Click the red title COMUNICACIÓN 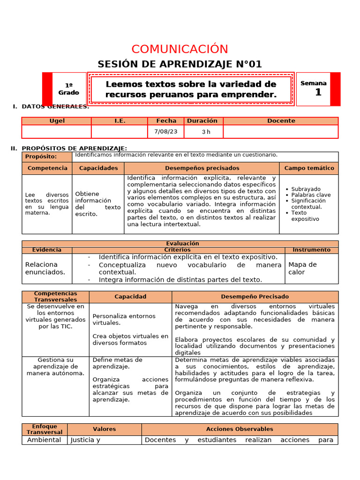[180, 49]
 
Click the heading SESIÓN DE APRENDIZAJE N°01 [180, 64]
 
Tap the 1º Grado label [69, 89]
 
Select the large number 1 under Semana [318, 93]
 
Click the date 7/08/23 [166, 132]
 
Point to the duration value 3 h [206, 132]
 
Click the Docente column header [281, 121]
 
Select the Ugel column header [57, 121]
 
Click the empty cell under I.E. [120, 132]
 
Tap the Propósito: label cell [47, 157]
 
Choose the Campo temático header [309, 168]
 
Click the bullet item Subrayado [306, 189]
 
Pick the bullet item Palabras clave [311, 195]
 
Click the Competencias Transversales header [55, 297]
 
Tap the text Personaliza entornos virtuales [124, 319]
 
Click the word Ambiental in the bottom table [44, 440]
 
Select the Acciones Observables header [239, 429]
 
